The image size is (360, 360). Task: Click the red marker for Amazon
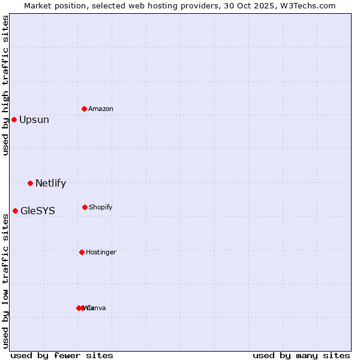[85, 109]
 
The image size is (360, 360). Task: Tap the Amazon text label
[101, 109]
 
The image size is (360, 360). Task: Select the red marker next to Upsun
[14, 119]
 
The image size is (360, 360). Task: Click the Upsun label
[34, 120]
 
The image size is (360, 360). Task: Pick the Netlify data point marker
[30, 183]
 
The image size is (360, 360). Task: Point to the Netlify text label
[51, 184]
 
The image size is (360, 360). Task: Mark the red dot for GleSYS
[15, 211]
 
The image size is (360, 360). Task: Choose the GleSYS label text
[38, 211]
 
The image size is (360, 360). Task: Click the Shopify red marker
[85, 207]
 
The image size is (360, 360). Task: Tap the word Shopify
[101, 207]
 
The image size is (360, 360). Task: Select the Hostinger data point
[82, 252]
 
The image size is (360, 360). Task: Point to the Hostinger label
[101, 252]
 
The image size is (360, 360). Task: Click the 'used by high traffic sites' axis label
[5, 85]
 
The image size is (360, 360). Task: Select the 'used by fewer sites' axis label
[62, 355]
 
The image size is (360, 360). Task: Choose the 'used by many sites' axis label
[301, 355]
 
